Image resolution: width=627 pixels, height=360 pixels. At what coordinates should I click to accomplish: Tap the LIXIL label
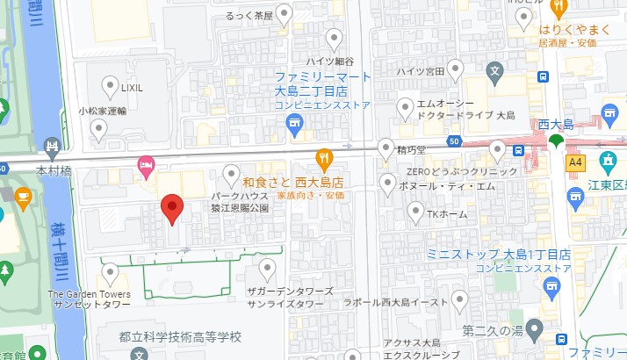tap(132, 88)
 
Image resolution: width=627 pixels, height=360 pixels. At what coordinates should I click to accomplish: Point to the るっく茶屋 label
tap(249, 15)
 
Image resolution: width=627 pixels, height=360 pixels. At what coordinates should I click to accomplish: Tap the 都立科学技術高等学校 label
tap(179, 337)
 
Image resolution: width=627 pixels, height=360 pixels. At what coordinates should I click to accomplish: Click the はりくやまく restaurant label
tap(574, 29)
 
